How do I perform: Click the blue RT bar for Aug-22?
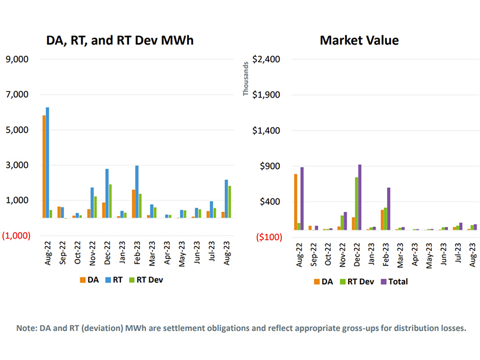click(48, 163)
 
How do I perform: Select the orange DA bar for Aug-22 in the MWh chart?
click(44, 167)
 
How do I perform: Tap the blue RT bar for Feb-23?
click(137, 192)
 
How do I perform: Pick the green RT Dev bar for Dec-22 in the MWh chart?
click(111, 201)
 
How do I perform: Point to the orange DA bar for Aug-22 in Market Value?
click(296, 202)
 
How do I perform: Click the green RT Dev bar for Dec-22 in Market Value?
click(356, 203)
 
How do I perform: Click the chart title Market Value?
click(359, 40)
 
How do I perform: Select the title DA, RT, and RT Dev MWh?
click(120, 40)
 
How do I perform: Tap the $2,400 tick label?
click(266, 59)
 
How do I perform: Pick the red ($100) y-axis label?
click(267, 237)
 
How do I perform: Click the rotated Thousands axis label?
click(246, 79)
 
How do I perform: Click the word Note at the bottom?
click(26, 328)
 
